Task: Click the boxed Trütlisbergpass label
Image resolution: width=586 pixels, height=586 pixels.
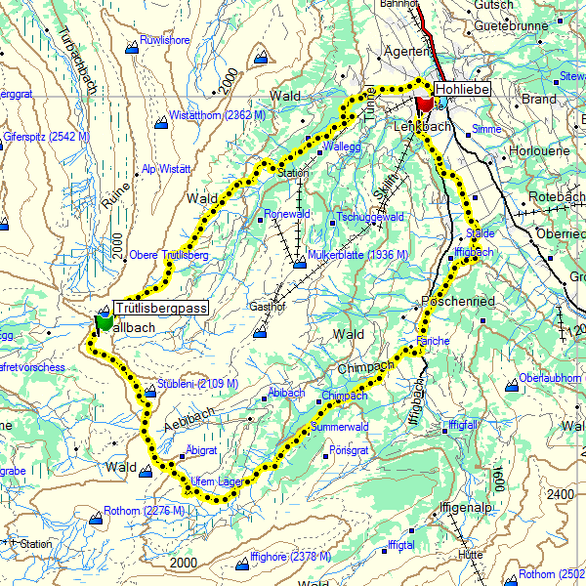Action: [161, 308]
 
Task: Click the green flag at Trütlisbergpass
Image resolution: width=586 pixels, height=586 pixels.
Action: [104, 321]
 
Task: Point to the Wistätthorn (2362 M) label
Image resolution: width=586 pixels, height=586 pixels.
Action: [218, 115]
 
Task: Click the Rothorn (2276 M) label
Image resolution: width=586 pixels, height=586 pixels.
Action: [144, 511]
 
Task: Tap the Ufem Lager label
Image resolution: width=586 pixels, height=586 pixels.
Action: [216, 481]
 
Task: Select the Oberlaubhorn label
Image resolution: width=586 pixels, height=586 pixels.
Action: [552, 378]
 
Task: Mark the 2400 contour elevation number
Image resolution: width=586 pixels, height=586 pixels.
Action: [562, 495]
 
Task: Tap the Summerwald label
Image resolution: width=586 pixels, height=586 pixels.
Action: [340, 428]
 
